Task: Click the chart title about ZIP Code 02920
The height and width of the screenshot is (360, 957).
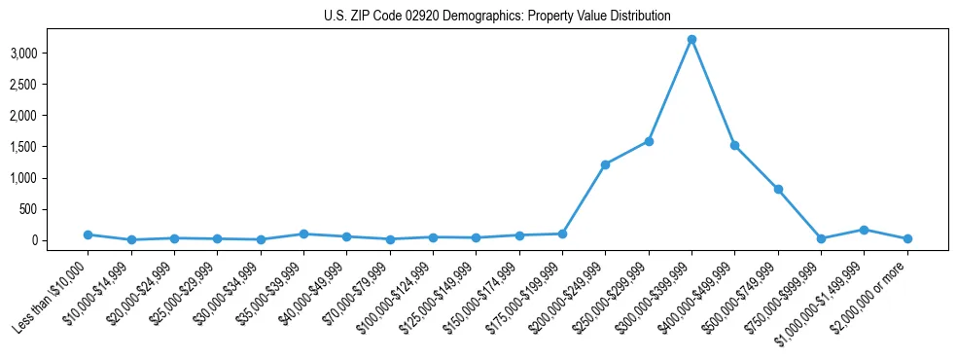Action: pos(497,16)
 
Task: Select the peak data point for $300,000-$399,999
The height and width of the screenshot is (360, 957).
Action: pos(691,39)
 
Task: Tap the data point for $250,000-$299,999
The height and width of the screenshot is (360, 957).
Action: pos(649,141)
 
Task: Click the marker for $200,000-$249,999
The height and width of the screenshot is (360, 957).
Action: pos(605,164)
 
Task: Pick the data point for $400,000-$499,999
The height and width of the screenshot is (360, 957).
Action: pos(734,145)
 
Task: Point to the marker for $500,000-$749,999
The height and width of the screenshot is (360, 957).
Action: pos(778,189)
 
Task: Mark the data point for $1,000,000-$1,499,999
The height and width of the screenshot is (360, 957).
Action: pos(864,230)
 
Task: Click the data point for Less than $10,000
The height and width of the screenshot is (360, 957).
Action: pos(88,234)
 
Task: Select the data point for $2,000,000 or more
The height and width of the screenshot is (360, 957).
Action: pos(907,238)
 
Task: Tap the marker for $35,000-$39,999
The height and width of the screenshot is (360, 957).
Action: pos(303,234)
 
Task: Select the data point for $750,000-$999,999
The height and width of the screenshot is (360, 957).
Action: pos(821,238)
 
